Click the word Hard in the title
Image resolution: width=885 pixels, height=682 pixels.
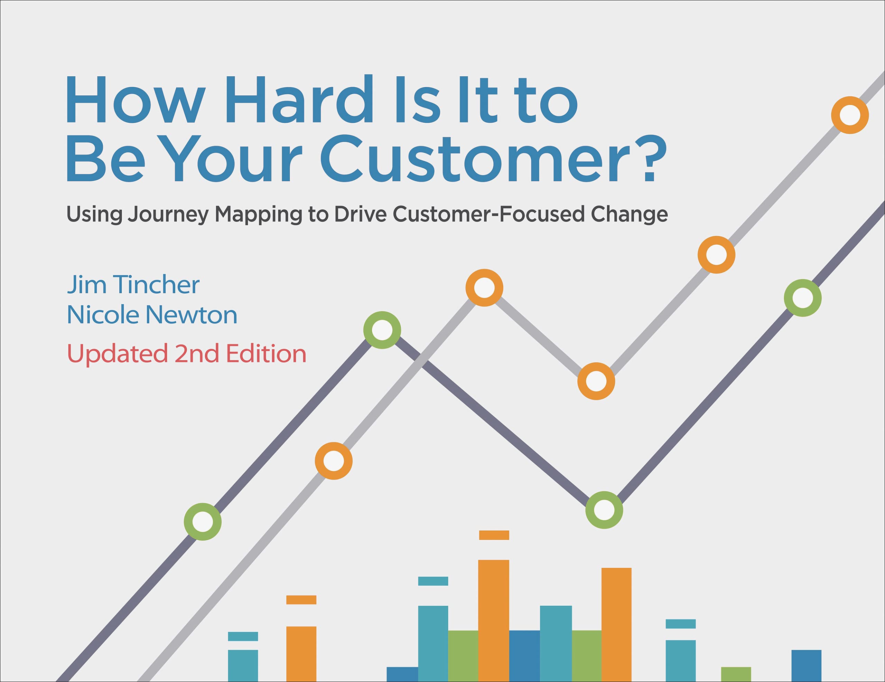pyautogui.click(x=299, y=99)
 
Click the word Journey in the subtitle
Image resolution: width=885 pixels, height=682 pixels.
pyautogui.click(x=168, y=214)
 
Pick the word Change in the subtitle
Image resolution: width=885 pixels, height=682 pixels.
pyautogui.click(x=629, y=214)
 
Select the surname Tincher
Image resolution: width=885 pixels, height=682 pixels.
pyautogui.click(x=156, y=284)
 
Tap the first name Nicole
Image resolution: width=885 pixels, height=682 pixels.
pyautogui.click(x=103, y=315)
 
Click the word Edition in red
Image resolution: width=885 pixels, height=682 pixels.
pyautogui.click(x=266, y=353)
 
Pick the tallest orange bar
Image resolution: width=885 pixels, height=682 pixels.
pyautogui.click(x=494, y=621)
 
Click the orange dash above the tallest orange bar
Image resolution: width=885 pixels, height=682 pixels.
pyautogui.click(x=494, y=535)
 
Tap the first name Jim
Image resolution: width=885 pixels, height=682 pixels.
pyautogui.click(x=87, y=284)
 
